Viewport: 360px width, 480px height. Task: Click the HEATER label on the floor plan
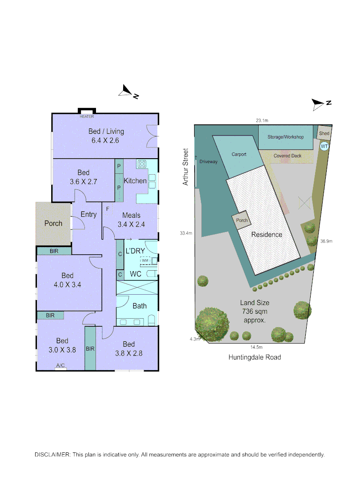(87, 116)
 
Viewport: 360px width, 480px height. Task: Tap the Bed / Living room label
(106, 132)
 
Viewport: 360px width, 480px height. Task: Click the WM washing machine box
(145, 261)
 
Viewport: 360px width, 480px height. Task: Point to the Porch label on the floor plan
(53, 223)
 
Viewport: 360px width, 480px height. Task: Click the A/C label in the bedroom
(60, 366)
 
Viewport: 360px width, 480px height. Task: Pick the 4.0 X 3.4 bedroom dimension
(68, 285)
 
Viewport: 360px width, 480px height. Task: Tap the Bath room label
(139, 306)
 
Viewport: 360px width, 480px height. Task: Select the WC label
(136, 274)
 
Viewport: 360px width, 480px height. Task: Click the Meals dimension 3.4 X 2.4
(131, 224)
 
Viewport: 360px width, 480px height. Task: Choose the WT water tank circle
(324, 146)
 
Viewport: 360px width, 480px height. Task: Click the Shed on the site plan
(324, 133)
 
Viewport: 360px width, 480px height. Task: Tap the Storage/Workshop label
(286, 137)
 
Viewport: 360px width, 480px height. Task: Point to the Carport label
(239, 155)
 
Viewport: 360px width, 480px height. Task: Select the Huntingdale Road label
(255, 357)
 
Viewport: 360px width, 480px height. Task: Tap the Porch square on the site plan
(242, 220)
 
